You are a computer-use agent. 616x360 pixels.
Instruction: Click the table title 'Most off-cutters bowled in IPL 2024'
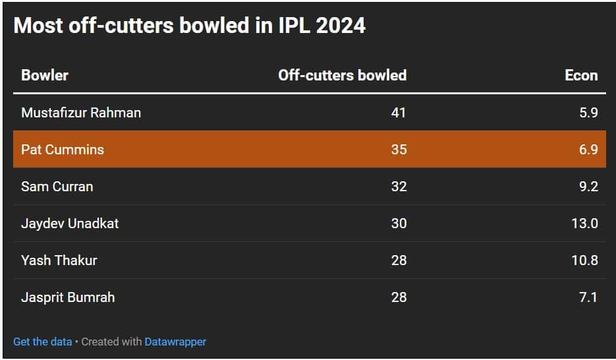(x=189, y=25)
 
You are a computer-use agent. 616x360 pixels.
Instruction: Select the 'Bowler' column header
(x=45, y=75)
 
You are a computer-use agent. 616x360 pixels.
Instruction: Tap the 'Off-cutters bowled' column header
(x=342, y=75)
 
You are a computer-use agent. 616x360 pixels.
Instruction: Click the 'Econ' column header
(x=581, y=75)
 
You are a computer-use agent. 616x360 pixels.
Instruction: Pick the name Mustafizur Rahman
(x=81, y=113)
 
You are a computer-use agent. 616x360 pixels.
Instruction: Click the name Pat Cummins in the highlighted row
(x=63, y=150)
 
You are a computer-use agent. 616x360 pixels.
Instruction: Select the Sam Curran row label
(x=57, y=187)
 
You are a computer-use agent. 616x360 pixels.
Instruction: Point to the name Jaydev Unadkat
(x=70, y=224)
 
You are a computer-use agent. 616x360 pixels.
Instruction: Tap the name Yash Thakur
(x=59, y=260)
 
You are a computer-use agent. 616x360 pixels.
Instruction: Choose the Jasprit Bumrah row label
(x=68, y=297)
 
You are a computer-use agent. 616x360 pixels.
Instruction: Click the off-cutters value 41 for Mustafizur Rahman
(x=398, y=113)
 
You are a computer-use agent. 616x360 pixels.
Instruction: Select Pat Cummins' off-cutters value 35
(x=398, y=150)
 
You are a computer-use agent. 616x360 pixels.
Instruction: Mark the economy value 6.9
(x=588, y=150)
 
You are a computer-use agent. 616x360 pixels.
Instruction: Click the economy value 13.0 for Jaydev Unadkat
(x=584, y=224)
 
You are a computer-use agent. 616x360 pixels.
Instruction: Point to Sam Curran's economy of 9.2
(x=588, y=187)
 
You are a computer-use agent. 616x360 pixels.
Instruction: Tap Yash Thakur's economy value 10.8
(x=584, y=260)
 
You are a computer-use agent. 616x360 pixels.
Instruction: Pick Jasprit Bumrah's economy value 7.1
(x=588, y=297)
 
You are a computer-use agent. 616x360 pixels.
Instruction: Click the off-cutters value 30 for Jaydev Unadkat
(x=398, y=224)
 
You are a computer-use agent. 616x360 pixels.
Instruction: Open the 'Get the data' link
(x=42, y=342)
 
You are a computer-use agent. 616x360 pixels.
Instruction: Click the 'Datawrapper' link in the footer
(x=175, y=342)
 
